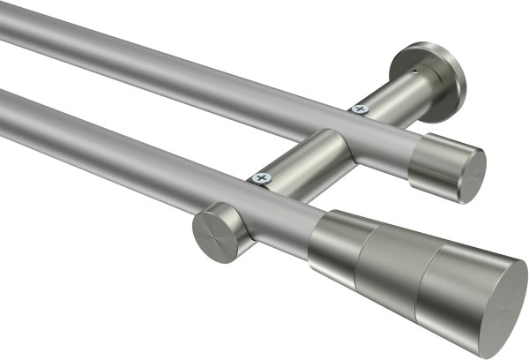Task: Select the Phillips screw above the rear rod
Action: point(358,109)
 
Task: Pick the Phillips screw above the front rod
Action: point(259,177)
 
